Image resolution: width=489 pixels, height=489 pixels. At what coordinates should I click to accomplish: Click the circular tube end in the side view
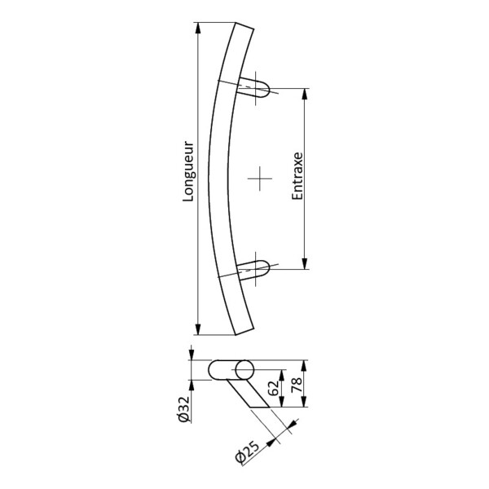(243, 371)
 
